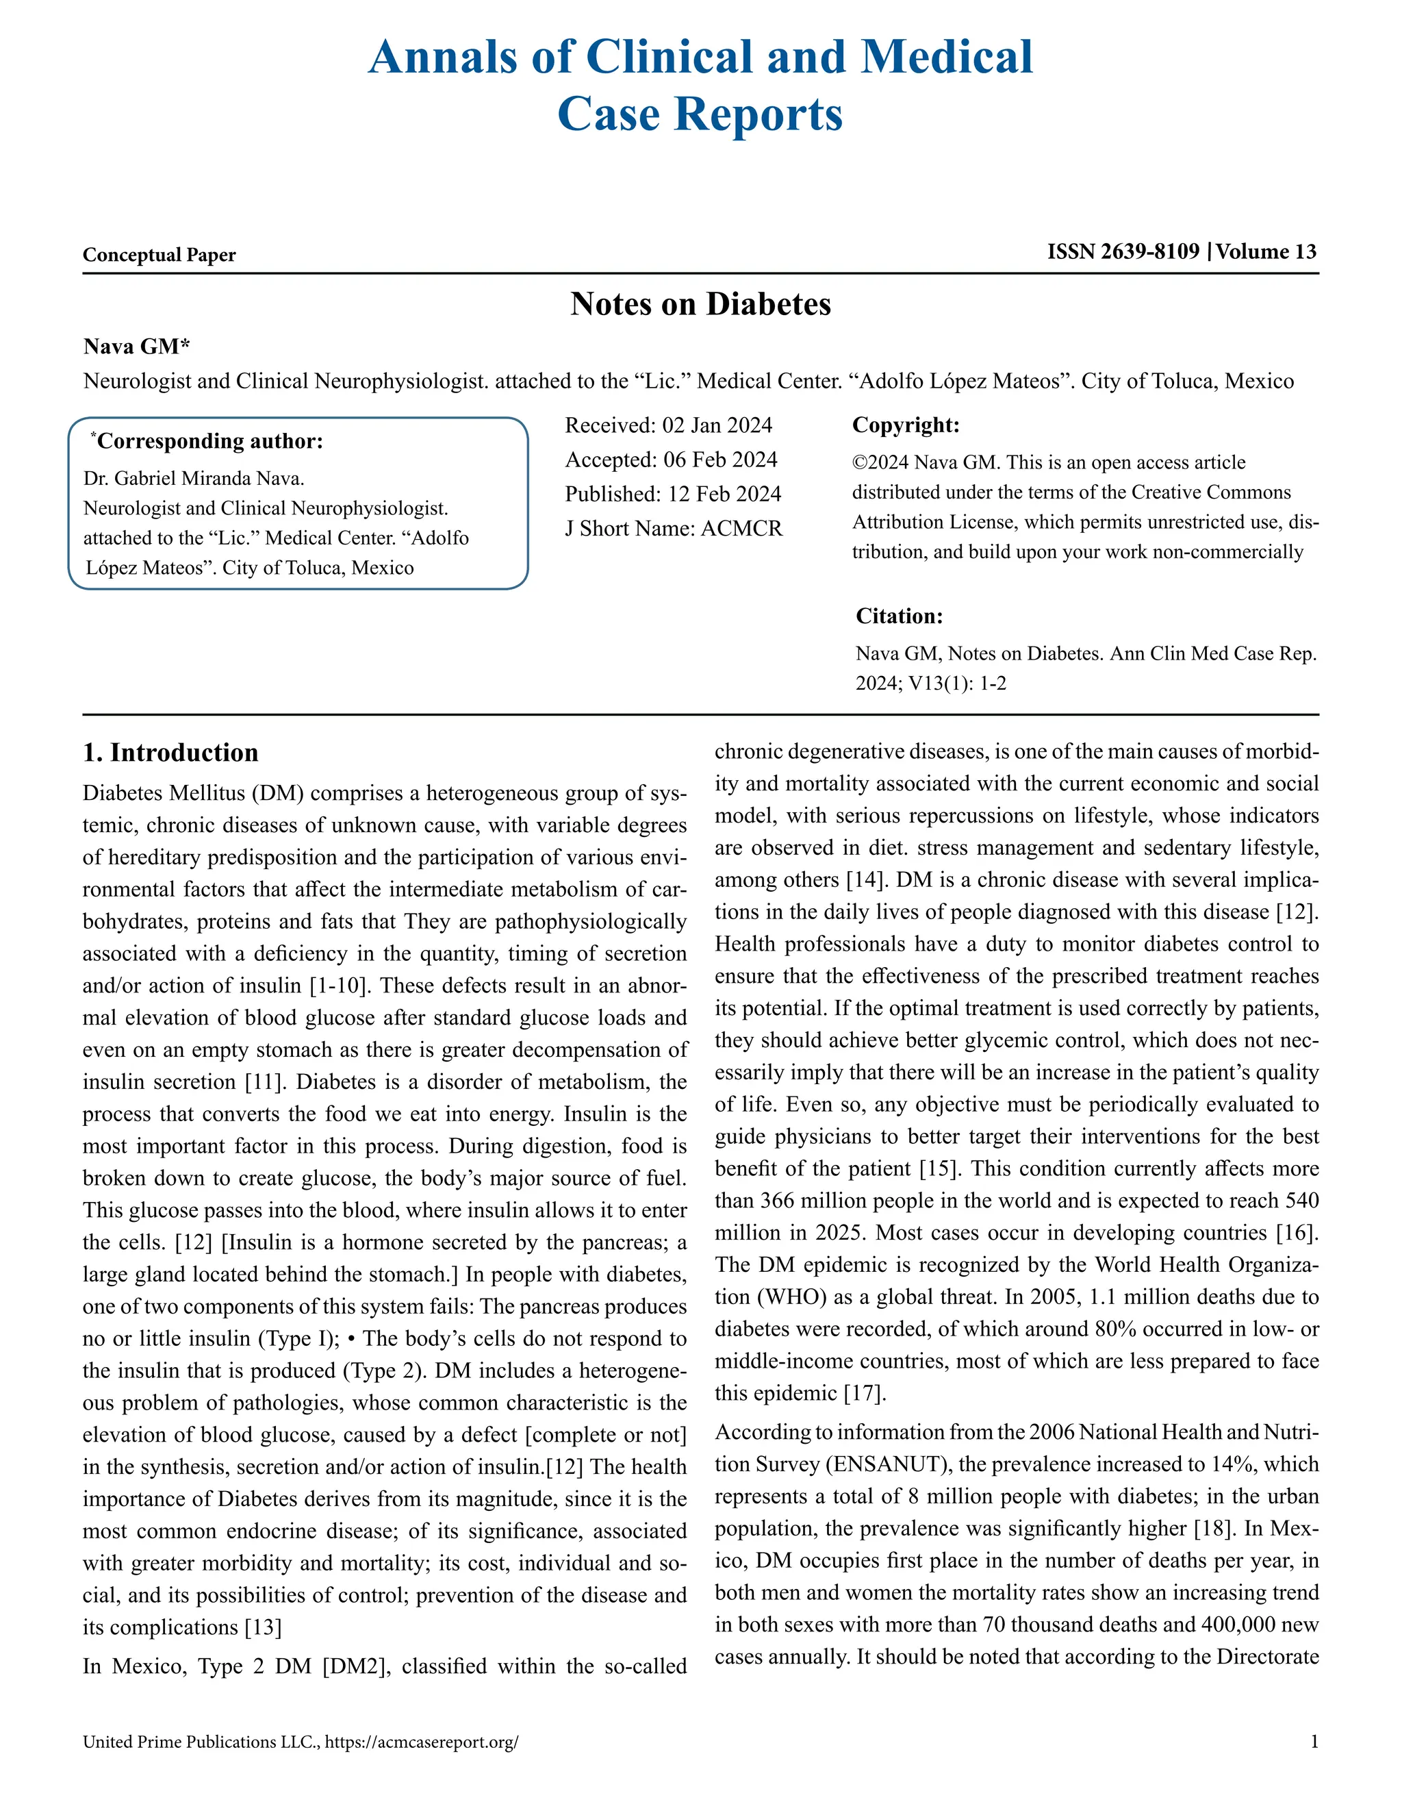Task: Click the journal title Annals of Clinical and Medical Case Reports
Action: [700, 85]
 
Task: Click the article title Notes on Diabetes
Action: [700, 304]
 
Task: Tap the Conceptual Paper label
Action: [159, 255]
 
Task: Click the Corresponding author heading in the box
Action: [209, 440]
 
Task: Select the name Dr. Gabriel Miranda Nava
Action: [194, 479]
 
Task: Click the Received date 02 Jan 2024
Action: [717, 425]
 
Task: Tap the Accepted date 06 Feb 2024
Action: [719, 460]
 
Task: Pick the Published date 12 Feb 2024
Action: [724, 494]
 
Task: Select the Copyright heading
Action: [905, 425]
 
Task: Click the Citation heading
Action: [899, 616]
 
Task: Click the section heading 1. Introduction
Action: [170, 753]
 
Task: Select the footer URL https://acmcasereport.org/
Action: [422, 1742]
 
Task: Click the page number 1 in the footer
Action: [1314, 1742]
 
